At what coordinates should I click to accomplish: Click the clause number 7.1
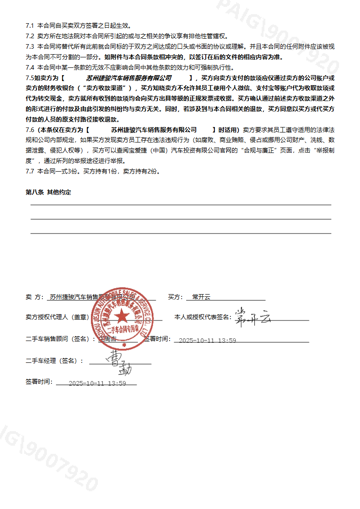tap(30, 26)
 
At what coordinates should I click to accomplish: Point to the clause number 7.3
tap(30, 46)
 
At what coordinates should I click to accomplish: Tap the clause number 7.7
tap(30, 171)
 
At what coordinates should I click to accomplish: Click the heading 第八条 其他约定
tap(48, 193)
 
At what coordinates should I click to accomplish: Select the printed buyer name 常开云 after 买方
tap(202, 297)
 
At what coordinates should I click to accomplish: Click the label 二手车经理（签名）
tap(55, 361)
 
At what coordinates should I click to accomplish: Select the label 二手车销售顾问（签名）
tap(61, 339)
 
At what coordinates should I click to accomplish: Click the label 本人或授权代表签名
tap(203, 317)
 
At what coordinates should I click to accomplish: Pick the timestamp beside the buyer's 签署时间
tap(208, 341)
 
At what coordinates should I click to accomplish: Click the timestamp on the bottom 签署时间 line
tap(97, 383)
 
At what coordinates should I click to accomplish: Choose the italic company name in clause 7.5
tap(129, 78)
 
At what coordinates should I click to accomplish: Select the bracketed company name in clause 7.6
tap(154, 130)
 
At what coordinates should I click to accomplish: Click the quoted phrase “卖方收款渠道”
tap(106, 88)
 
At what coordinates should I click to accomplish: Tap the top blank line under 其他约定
tap(181, 205)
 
